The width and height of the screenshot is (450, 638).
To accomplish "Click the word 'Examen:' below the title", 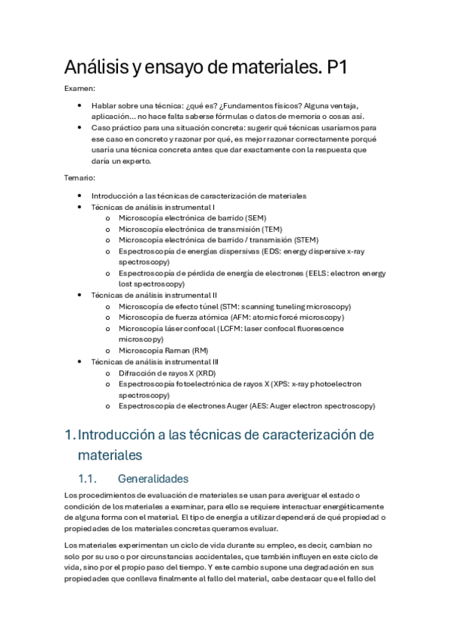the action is [80, 90].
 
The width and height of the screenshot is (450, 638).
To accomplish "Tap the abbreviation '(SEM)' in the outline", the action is [241, 217].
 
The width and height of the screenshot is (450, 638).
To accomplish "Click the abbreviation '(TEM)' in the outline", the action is [268, 229].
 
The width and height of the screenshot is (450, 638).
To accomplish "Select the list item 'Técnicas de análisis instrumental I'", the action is [153, 207].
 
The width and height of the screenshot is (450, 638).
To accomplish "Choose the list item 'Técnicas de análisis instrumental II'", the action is [155, 295].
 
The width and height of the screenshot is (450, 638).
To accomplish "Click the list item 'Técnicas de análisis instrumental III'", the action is [156, 362].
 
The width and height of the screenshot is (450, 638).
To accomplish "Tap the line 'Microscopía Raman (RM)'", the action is [164, 351].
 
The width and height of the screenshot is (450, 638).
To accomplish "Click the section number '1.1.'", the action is [89, 478].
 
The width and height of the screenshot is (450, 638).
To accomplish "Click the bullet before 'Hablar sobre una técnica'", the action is [80, 106].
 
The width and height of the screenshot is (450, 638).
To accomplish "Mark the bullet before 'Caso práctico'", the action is [80, 128].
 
